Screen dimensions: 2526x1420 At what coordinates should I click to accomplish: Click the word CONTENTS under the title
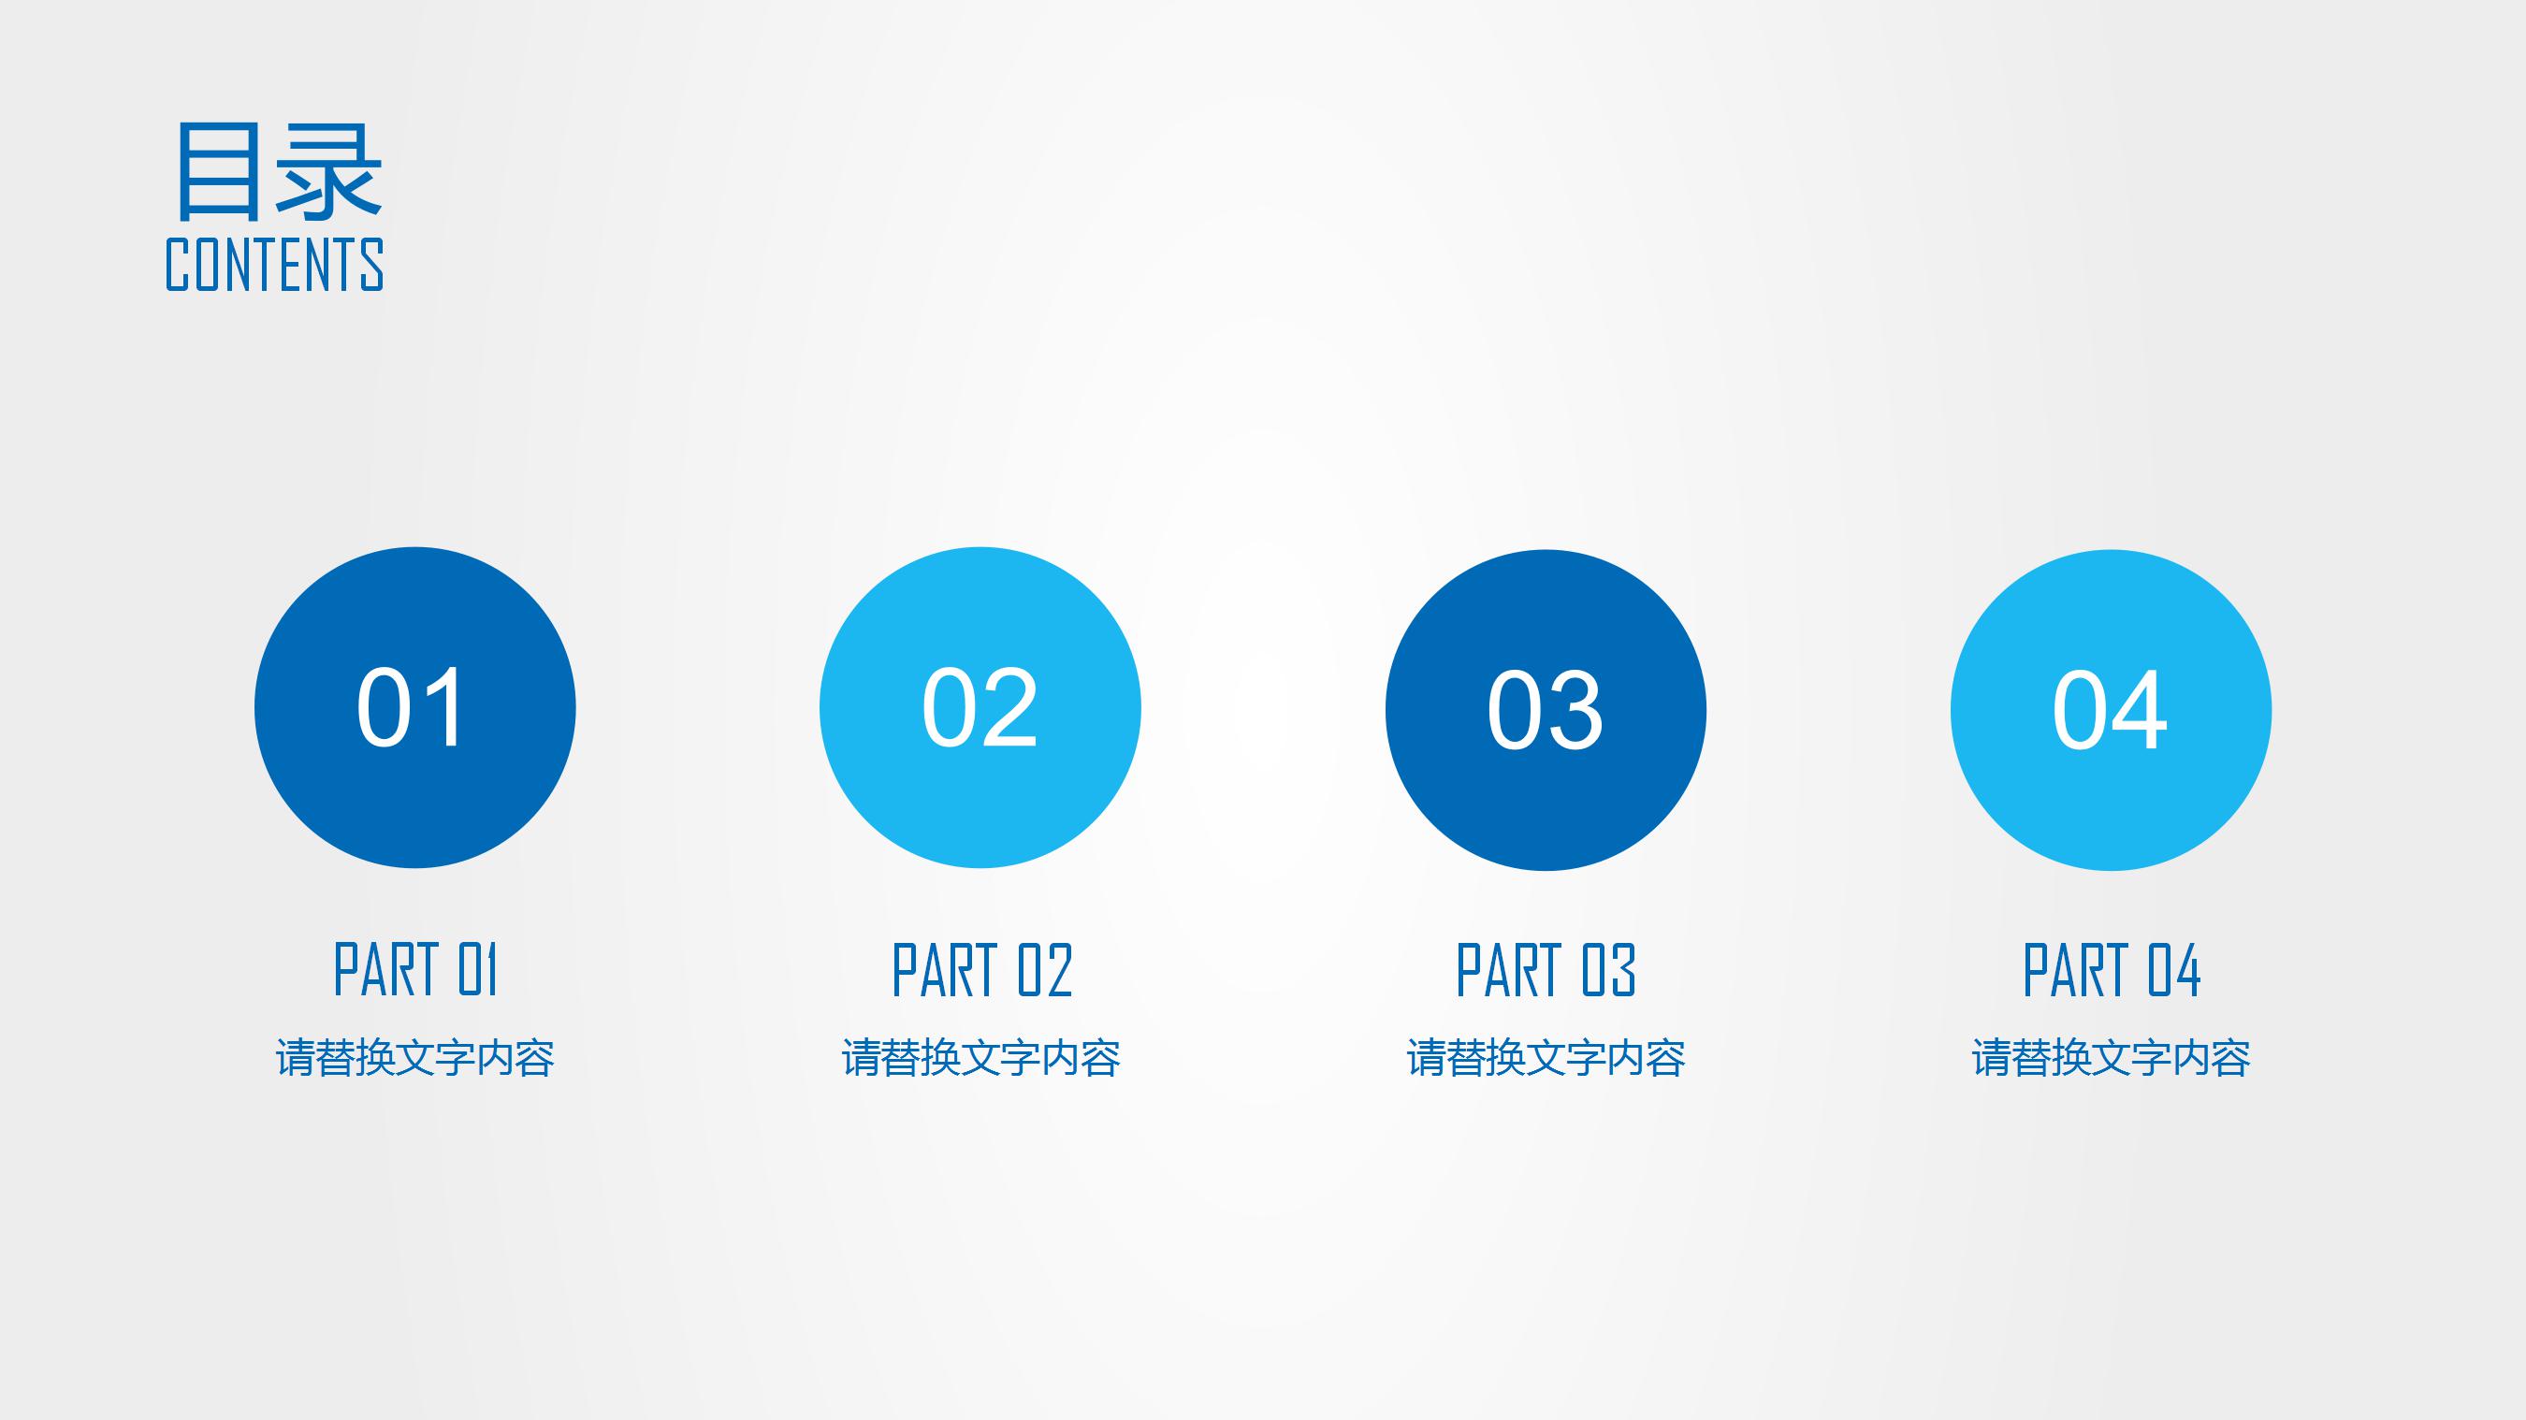click(274, 264)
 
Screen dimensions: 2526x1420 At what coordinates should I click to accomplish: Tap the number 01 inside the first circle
click(411, 707)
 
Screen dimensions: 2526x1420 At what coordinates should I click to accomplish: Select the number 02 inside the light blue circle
click(980, 707)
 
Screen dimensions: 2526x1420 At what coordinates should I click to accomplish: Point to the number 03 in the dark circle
click(1546, 710)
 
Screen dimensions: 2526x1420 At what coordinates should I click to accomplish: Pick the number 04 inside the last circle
click(2111, 710)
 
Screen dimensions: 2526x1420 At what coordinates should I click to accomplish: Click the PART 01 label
click(415, 970)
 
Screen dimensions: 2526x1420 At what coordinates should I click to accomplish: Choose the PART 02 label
click(981, 970)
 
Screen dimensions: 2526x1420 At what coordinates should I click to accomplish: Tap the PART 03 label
click(1546, 970)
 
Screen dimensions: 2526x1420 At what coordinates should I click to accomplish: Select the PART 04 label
click(2112, 970)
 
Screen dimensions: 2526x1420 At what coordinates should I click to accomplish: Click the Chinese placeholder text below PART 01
click(415, 1058)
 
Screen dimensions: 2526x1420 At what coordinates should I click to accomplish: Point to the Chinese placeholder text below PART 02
click(981, 1058)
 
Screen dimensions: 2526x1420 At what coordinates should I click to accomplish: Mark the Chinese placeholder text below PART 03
click(1546, 1058)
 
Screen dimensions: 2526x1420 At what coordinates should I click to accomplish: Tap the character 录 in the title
click(328, 170)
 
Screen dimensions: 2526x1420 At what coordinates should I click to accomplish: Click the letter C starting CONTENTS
click(177, 264)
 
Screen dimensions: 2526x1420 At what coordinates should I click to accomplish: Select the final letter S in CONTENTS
click(372, 264)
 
